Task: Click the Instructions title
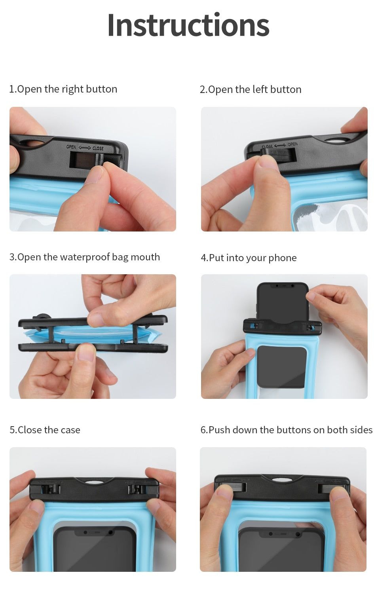188,25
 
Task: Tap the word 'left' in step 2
260,89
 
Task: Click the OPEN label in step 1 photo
71,147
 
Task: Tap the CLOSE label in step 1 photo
98,148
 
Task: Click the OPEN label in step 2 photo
292,144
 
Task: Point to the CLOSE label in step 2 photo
268,146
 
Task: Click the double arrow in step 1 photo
85,148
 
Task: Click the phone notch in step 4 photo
283,285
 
